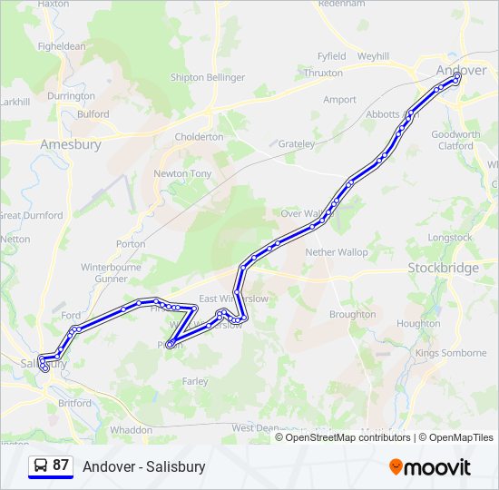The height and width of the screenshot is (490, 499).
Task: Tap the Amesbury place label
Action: tap(71, 143)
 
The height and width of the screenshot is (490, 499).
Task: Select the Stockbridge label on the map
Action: tap(443, 268)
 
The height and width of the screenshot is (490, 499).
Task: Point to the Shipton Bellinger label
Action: tap(208, 78)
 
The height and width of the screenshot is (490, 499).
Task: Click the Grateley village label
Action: tap(297, 144)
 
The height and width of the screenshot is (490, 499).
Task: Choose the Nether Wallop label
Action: tap(337, 251)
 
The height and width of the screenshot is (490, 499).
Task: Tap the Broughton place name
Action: tap(352, 314)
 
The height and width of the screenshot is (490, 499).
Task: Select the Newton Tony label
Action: tap(182, 173)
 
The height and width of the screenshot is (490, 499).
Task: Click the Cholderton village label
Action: tap(199, 137)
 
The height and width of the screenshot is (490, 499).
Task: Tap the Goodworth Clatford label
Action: tap(455, 140)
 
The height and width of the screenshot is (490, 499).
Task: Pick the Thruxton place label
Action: tap(324, 73)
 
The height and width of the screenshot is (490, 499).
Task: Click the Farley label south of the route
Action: tap(195, 382)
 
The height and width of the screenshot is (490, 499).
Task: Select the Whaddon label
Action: tap(131, 429)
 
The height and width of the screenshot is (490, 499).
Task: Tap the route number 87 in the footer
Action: tap(61, 465)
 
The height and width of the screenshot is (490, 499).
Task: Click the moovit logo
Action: tap(430, 467)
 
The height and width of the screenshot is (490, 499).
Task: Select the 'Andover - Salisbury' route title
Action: tap(144, 466)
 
